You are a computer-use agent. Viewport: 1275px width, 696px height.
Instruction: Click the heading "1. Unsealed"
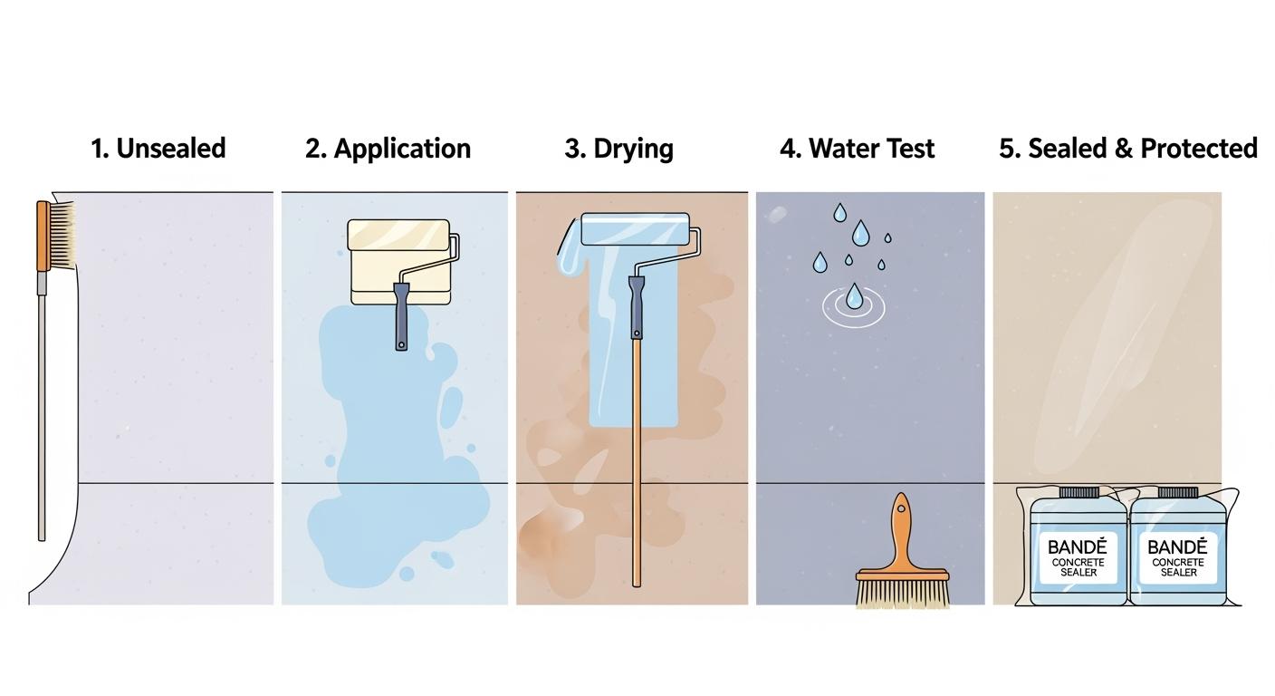click(x=158, y=149)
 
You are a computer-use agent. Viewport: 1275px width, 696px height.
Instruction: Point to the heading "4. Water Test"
click(x=857, y=149)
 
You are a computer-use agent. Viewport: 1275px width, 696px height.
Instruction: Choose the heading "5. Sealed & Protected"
click(x=1128, y=149)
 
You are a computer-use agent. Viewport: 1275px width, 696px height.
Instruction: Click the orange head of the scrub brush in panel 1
click(x=43, y=236)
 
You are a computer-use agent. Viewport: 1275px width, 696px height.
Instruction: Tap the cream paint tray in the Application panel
click(x=399, y=262)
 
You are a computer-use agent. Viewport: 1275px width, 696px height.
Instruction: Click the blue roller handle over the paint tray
click(x=401, y=316)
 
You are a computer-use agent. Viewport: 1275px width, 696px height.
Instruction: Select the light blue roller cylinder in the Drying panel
click(x=635, y=229)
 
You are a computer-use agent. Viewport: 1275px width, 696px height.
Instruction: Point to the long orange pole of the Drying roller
click(x=637, y=462)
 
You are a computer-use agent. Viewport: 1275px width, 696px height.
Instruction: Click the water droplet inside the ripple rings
click(x=853, y=296)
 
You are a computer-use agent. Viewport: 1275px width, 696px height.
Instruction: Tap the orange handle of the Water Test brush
click(x=902, y=534)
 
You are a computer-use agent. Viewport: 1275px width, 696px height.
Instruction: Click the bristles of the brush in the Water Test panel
click(x=903, y=594)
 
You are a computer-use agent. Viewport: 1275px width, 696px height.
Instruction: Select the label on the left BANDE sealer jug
click(x=1078, y=557)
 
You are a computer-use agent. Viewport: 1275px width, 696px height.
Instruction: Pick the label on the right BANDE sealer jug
click(x=1178, y=557)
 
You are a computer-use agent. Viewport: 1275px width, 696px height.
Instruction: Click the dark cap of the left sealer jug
click(x=1079, y=492)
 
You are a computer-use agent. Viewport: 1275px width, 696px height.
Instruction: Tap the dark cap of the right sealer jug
click(x=1178, y=492)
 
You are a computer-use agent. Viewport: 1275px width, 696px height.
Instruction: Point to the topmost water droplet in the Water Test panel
click(x=839, y=212)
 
